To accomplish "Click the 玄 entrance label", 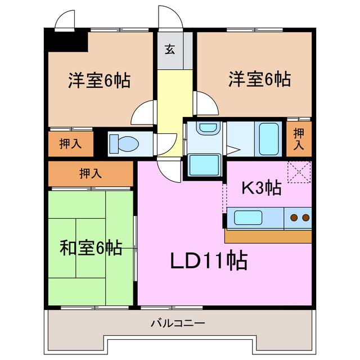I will [169, 48].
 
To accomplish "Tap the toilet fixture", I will [124, 143].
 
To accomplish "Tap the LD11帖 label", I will [208, 260].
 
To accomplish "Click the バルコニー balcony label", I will [178, 324].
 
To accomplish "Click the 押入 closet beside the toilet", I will [71, 143].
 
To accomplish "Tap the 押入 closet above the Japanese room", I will [91, 173].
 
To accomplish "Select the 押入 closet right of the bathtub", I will [299, 138].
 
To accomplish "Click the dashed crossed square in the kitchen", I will [299, 172].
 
